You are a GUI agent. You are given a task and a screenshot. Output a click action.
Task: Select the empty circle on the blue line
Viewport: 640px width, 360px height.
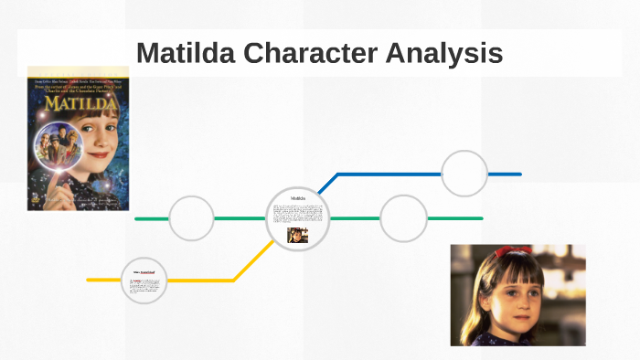click(x=464, y=174)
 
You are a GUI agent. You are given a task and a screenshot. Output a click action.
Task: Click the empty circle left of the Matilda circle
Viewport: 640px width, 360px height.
click(x=192, y=218)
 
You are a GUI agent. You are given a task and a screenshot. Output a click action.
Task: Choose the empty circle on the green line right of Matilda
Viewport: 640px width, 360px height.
click(x=403, y=218)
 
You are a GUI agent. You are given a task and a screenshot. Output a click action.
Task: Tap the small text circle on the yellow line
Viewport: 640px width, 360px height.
click(x=144, y=281)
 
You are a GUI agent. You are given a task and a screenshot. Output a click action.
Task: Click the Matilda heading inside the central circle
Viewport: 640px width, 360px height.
click(x=298, y=198)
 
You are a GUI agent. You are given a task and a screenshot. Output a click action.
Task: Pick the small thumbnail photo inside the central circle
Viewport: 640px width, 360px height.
click(x=298, y=235)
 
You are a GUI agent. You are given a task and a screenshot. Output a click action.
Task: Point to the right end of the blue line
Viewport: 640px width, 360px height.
click(x=519, y=174)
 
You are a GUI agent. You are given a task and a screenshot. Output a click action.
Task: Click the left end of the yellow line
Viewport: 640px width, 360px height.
click(x=89, y=280)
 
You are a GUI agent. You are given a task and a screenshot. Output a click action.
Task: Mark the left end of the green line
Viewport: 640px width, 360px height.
click(x=137, y=219)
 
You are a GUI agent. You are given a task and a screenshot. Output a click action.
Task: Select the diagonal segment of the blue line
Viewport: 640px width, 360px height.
click(x=328, y=183)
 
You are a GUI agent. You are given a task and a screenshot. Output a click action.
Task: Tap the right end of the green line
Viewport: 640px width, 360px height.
click(x=481, y=218)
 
